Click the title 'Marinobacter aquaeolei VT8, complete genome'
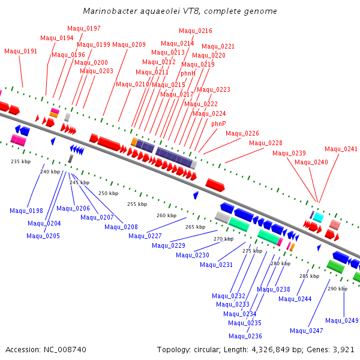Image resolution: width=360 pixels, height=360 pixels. [179, 11]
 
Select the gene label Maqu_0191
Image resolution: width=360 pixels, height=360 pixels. [21, 51]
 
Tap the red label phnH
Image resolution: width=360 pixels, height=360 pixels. [188, 73]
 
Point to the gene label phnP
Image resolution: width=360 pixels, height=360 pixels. [218, 124]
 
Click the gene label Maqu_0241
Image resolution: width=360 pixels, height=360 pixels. [341, 149]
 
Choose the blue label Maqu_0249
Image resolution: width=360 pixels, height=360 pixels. [342, 320]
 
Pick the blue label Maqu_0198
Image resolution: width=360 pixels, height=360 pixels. [26, 211]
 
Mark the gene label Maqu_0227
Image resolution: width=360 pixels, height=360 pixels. [145, 236]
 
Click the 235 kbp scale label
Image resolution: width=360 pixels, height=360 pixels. [20, 161]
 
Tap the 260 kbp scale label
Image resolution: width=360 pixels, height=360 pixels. [166, 215]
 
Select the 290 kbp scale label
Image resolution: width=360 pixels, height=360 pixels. [337, 289]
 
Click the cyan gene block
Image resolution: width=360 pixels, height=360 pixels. [319, 217]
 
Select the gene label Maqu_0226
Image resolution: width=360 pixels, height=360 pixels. [242, 133]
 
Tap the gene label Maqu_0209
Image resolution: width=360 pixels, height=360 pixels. [129, 44]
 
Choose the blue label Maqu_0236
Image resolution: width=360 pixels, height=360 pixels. [245, 336]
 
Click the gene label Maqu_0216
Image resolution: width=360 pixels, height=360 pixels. [196, 31]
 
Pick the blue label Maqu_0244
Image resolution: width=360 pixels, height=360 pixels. [295, 299]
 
